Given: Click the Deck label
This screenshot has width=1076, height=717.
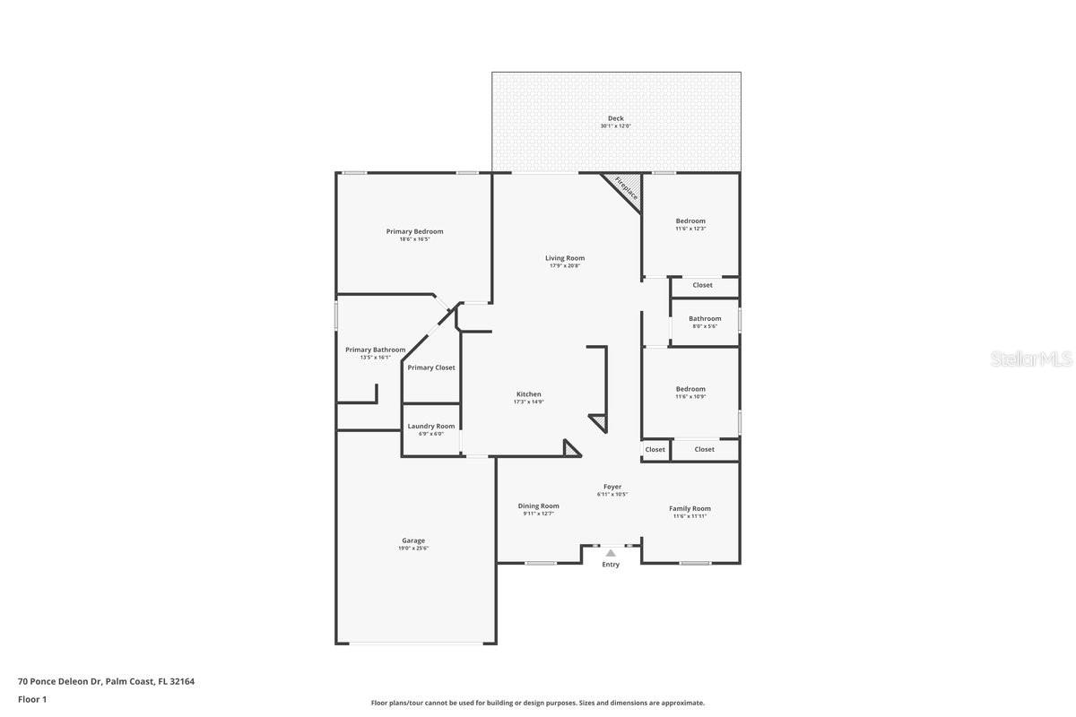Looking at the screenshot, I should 615,118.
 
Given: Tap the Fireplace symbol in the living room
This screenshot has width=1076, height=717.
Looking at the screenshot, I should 626,189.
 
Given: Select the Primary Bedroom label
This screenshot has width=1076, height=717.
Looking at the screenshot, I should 414,231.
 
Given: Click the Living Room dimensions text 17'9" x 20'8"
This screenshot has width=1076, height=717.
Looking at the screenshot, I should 565,265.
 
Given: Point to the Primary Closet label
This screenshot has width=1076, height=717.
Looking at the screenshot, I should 431,367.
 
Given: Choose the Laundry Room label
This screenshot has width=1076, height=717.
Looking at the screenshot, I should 431,426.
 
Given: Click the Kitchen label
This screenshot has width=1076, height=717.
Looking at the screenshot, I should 528,394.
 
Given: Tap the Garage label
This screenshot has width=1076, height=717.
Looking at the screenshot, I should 413,540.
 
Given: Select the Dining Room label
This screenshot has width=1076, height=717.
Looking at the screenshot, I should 538,505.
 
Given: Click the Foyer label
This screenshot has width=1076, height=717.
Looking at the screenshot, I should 612,487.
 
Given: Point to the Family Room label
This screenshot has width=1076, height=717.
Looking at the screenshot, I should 690,508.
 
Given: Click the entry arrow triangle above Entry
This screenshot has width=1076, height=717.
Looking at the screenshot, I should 611,553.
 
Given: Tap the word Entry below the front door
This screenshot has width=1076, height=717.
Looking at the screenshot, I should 611,565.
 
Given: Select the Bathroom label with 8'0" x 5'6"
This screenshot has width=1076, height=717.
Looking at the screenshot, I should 705,318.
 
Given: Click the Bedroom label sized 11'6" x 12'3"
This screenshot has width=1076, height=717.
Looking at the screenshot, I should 690,220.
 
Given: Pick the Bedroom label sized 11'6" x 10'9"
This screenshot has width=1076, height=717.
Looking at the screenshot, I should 690,389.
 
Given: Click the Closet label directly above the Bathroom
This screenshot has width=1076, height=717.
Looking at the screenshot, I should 703,285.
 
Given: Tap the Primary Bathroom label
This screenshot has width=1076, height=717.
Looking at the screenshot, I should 375,350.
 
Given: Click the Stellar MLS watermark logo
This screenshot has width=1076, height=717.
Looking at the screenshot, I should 1031,359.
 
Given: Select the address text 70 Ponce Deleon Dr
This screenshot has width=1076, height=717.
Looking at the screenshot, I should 59,681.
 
